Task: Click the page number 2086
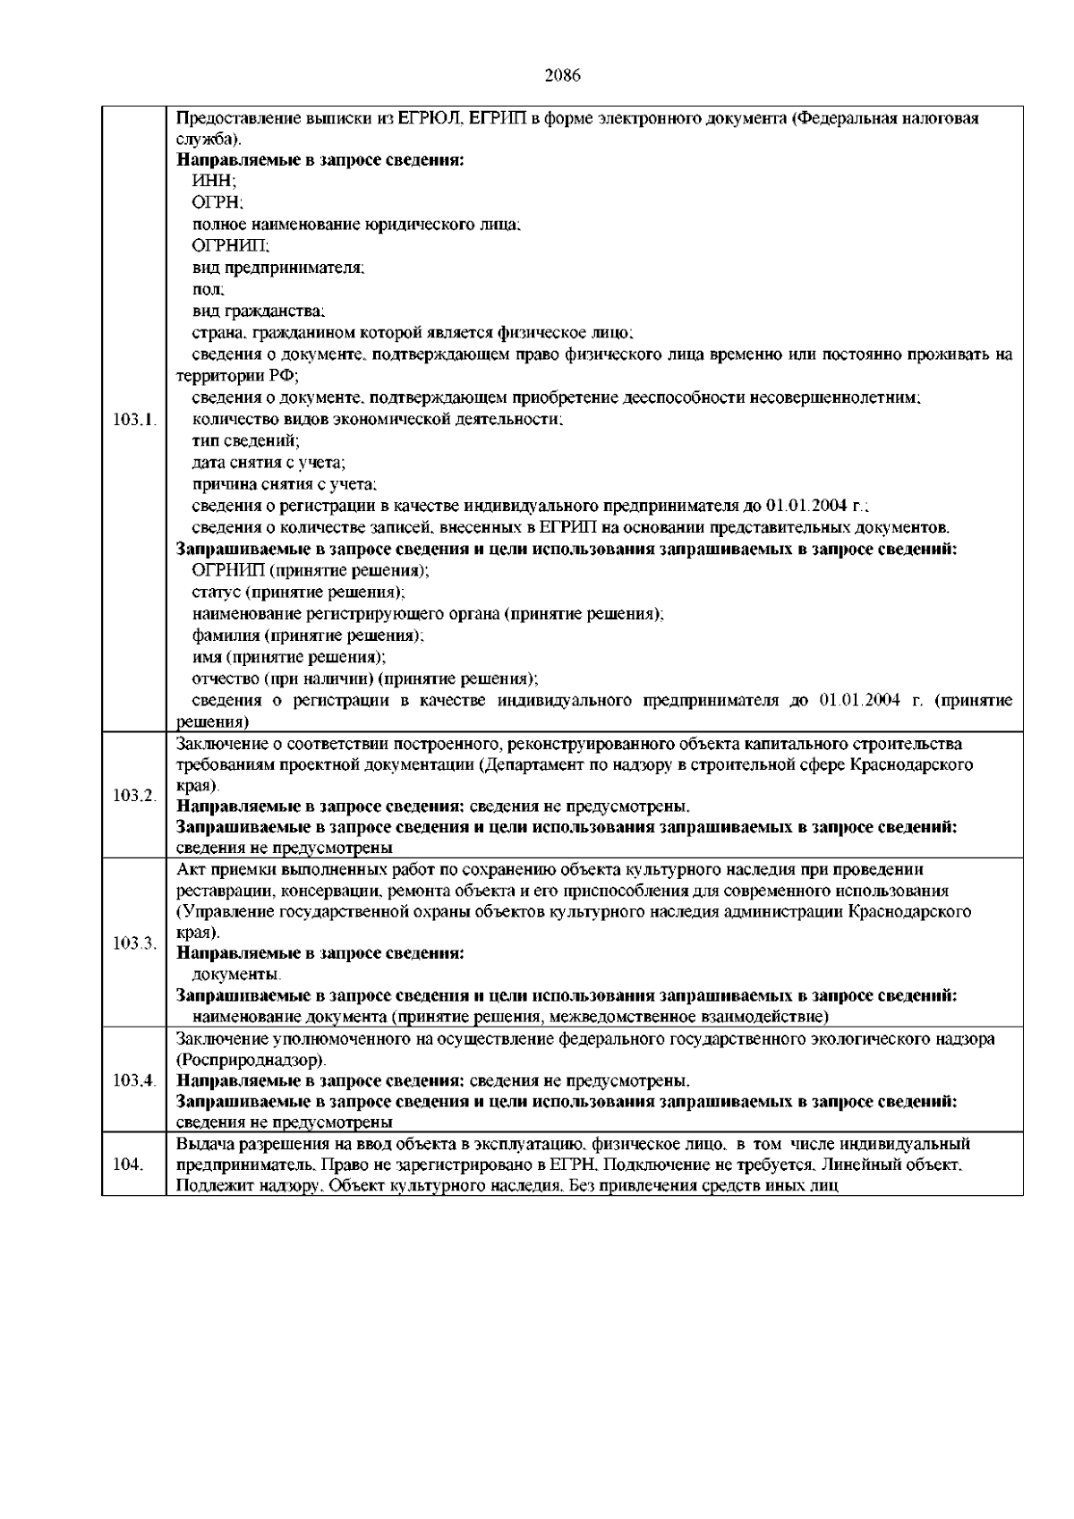(x=563, y=75)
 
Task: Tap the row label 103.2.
(x=135, y=796)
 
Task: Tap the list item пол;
(x=209, y=290)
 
